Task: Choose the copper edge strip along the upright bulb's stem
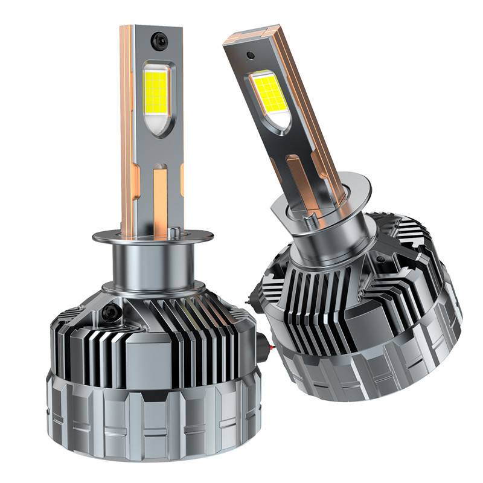pos(127,133)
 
